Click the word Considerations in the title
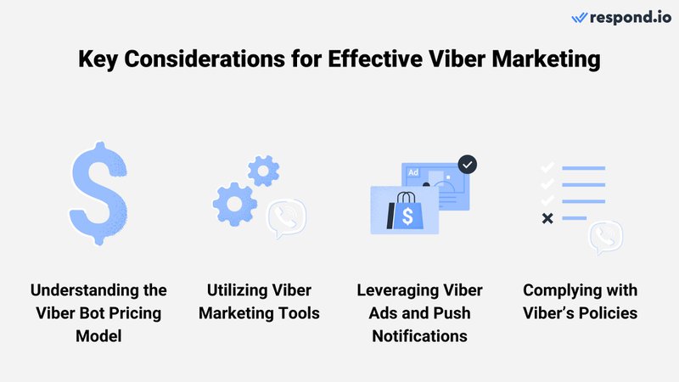click(x=200, y=60)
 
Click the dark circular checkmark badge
click(x=466, y=164)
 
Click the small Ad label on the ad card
click(x=414, y=172)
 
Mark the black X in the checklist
click(x=547, y=219)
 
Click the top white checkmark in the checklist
click(x=547, y=168)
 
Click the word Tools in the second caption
click(x=297, y=313)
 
